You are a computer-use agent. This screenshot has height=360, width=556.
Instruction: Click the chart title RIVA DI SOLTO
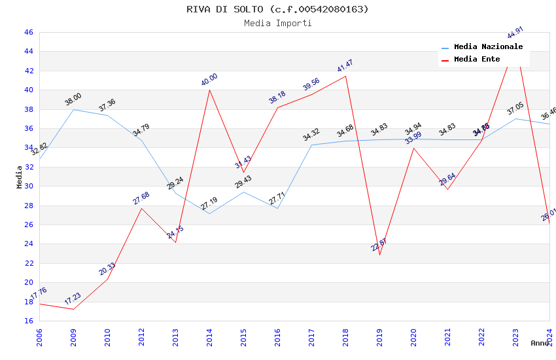277,9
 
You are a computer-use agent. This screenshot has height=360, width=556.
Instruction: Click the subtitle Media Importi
277,23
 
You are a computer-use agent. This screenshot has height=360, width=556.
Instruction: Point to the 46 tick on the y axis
28,32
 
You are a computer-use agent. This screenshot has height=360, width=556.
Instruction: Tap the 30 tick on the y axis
28,186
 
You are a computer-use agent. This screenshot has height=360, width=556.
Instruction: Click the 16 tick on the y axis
28,321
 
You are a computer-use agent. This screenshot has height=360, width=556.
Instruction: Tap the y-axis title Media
20,176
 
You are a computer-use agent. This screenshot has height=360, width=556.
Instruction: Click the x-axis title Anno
540,343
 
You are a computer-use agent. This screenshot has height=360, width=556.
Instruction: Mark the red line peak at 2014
209,90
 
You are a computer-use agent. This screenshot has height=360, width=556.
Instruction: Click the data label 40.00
209,80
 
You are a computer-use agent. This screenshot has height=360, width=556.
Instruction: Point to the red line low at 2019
379,255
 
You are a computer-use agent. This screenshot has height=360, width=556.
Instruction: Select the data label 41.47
345,66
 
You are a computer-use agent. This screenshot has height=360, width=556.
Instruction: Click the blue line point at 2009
73,109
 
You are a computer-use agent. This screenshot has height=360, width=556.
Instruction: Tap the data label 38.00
73,99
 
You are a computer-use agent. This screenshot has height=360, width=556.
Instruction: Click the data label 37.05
515,109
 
